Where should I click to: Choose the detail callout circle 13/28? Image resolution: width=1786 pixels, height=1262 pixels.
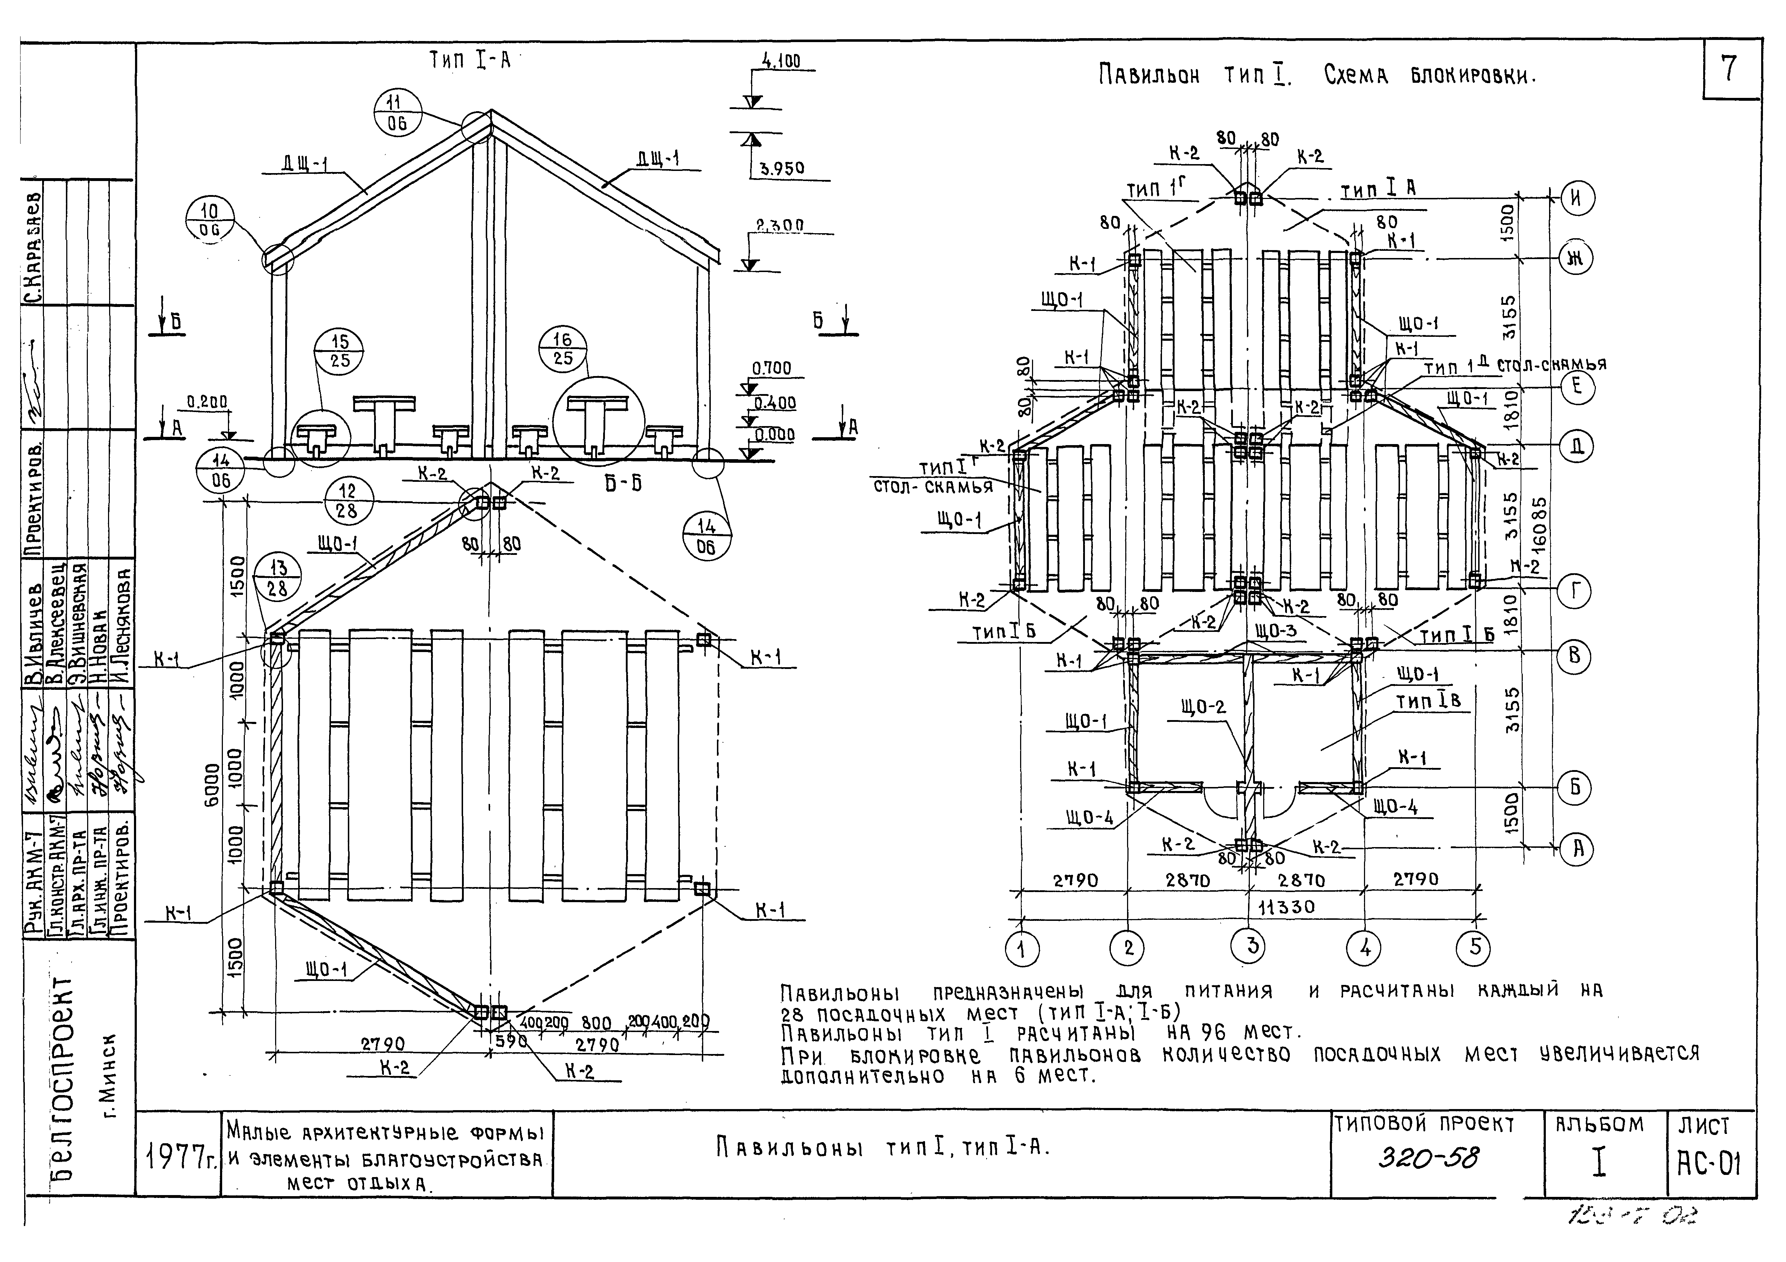(x=278, y=579)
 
